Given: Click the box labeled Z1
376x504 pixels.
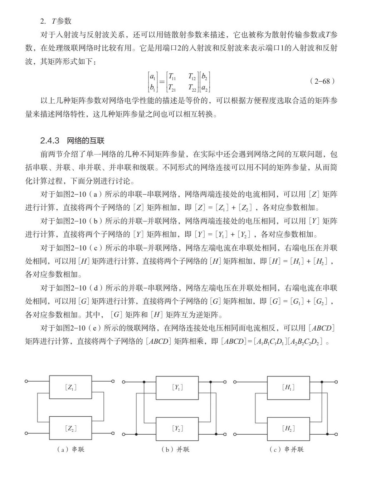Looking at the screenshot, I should (70, 387).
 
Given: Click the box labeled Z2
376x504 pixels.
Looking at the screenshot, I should (70, 428).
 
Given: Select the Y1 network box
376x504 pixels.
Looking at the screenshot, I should (177, 387).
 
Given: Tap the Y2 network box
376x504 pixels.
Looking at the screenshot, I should (177, 428).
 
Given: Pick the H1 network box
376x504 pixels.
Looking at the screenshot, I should (288, 387).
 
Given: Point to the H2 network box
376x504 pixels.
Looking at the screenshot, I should (288, 428).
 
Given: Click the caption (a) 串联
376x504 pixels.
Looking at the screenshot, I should (70, 449).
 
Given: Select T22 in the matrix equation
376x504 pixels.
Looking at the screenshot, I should (192, 87).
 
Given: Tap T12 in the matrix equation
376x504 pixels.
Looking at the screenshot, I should (192, 76).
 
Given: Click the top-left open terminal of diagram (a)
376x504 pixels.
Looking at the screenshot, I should (26, 381).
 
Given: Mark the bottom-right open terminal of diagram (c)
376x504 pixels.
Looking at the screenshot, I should (336, 434).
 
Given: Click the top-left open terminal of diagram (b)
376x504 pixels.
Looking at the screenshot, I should (123, 382).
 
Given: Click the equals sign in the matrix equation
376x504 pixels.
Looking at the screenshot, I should (162, 82).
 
